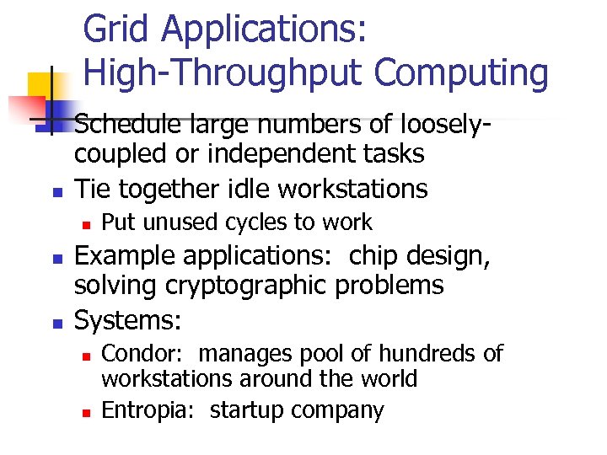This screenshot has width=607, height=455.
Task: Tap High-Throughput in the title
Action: [224, 73]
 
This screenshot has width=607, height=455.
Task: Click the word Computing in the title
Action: [461, 73]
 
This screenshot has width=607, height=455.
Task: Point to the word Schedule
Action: [127, 124]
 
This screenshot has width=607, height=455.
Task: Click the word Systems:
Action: [129, 319]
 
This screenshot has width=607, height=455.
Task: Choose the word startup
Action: [248, 410]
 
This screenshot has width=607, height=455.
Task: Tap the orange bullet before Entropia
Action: [85, 413]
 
